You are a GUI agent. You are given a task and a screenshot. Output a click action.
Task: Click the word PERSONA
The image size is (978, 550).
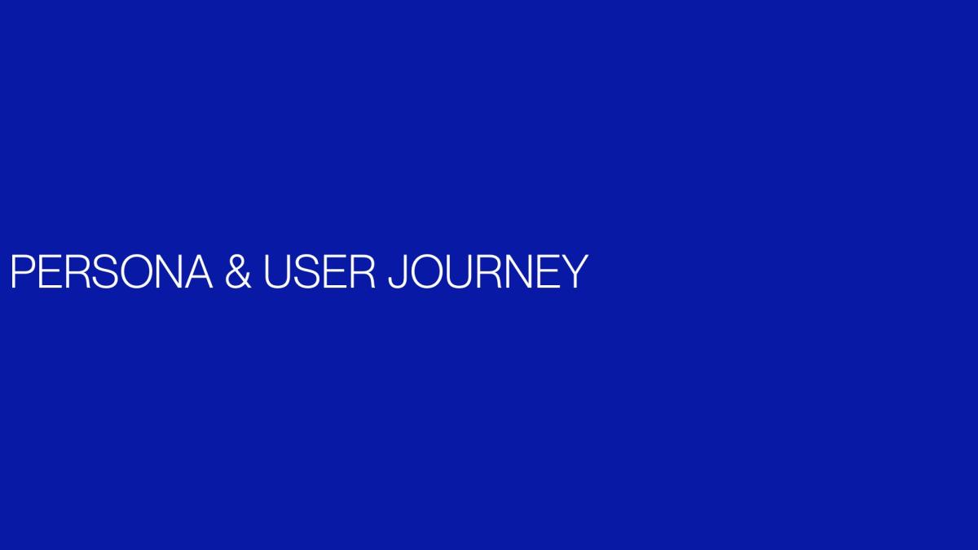112,271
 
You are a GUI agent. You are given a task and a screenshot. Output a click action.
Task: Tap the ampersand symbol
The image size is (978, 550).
238,271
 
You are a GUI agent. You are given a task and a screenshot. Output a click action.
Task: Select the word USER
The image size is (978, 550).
319,271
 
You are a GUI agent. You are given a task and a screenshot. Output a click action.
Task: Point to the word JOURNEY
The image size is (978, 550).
488,271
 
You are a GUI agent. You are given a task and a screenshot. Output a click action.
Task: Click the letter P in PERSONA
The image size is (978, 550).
23,271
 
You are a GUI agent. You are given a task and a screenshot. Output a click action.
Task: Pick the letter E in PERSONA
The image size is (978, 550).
51,271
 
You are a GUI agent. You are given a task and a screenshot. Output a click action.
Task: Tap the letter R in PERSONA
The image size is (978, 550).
78,271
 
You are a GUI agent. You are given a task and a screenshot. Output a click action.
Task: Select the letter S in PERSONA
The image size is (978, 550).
105,271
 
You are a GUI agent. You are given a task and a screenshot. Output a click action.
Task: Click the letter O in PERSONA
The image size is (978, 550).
135,271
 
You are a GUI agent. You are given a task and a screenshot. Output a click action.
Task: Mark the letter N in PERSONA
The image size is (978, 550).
167,271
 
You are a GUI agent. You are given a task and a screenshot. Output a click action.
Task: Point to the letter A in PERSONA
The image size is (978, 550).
198,271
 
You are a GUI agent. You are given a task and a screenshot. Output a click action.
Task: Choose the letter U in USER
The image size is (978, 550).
278,272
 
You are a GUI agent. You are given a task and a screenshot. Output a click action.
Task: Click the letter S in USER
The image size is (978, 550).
307,271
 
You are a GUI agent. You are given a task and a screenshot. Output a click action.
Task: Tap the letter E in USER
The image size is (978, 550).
337,271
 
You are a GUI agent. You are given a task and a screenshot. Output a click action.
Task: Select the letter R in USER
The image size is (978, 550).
363,271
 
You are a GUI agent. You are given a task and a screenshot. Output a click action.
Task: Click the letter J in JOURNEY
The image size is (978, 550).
399,272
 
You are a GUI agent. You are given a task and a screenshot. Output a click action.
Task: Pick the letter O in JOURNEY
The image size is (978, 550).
427,271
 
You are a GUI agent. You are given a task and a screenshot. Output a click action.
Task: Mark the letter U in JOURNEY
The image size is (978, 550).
460,272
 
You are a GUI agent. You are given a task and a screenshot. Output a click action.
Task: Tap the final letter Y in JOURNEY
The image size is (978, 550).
575,271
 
